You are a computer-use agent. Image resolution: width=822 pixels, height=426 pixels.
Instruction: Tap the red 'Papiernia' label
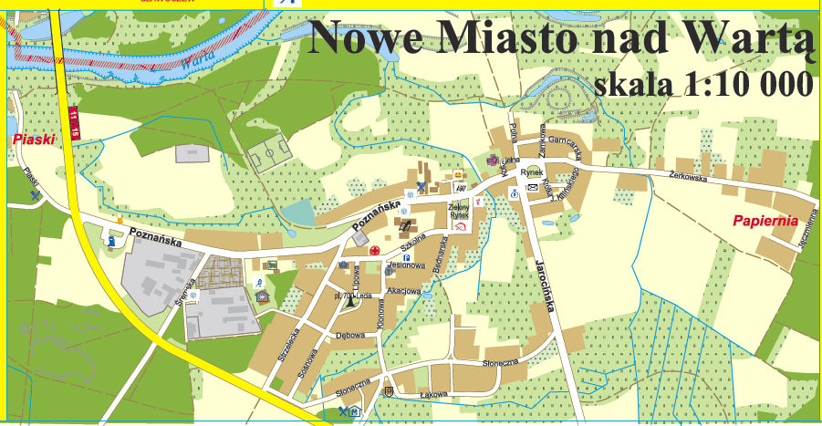[x=765, y=221]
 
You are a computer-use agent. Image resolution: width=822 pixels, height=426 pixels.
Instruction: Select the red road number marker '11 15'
[x=74, y=122]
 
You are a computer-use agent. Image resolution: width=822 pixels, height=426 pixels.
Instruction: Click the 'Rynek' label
[x=532, y=171]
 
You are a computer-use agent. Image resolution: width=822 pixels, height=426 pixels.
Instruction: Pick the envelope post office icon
[x=532, y=187]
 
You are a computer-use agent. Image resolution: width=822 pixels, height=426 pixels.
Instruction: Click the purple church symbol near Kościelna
[x=494, y=161]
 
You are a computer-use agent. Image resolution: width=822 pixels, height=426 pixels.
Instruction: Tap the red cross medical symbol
[x=374, y=250]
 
